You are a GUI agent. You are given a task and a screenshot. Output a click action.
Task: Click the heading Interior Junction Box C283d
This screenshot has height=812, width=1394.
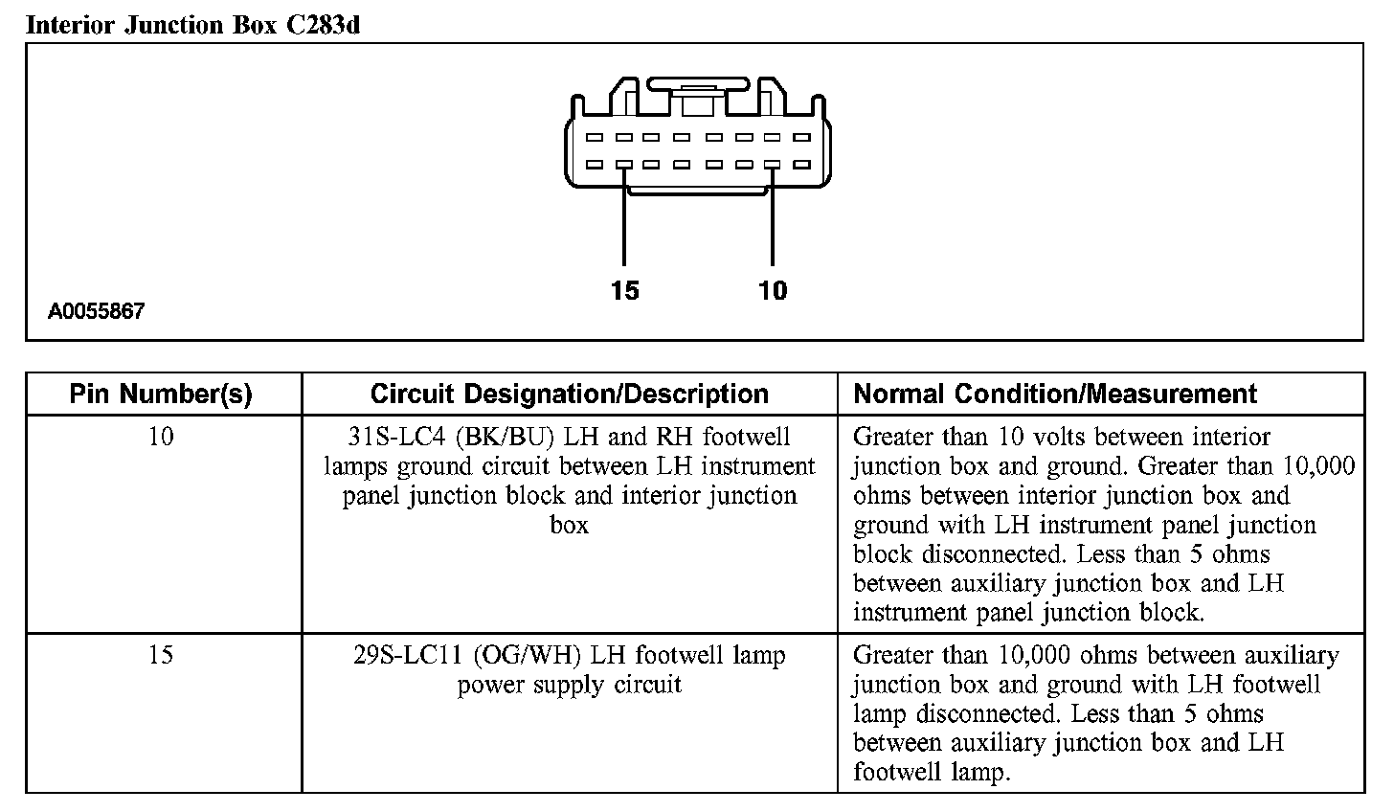[192, 25]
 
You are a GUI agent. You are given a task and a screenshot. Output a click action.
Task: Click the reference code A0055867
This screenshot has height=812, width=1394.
[97, 311]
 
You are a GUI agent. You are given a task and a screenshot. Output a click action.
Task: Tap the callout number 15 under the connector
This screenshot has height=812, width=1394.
[624, 290]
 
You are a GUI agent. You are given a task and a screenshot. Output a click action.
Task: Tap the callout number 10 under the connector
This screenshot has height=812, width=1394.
[772, 290]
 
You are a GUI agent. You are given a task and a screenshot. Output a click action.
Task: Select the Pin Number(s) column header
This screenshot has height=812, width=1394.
[161, 395]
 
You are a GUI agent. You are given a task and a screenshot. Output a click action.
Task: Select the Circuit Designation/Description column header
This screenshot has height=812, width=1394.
[569, 395]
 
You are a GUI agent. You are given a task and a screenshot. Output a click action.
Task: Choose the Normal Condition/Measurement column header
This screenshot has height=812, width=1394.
[1055, 395]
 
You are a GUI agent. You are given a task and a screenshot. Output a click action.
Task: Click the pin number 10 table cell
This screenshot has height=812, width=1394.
[161, 438]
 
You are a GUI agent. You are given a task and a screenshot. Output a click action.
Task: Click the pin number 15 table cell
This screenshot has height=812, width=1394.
[161, 656]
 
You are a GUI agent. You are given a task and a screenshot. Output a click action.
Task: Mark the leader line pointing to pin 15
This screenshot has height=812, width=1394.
[624, 225]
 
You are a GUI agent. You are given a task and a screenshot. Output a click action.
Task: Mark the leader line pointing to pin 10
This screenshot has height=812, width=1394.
[772, 225]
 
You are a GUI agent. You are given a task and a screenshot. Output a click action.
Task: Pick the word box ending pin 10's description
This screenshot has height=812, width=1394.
[569, 525]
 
